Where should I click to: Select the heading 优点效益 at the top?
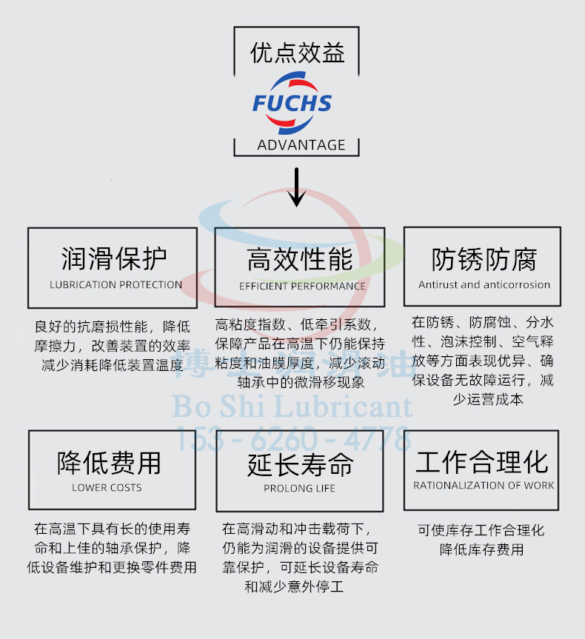[297, 53]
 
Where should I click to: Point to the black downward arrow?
[297, 188]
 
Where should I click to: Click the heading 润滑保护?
[113, 259]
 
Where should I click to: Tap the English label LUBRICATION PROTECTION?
[116, 284]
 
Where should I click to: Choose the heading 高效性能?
[299, 260]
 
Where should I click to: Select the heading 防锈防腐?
[484, 259]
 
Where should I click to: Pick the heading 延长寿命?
[300, 464]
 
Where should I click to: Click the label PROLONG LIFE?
[299, 488]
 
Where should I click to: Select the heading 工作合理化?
[482, 462]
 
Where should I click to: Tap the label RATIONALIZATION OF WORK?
[484, 486]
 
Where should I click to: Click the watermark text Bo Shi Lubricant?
[292, 407]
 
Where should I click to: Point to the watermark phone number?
[292, 438]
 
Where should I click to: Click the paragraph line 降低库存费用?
[481, 549]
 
